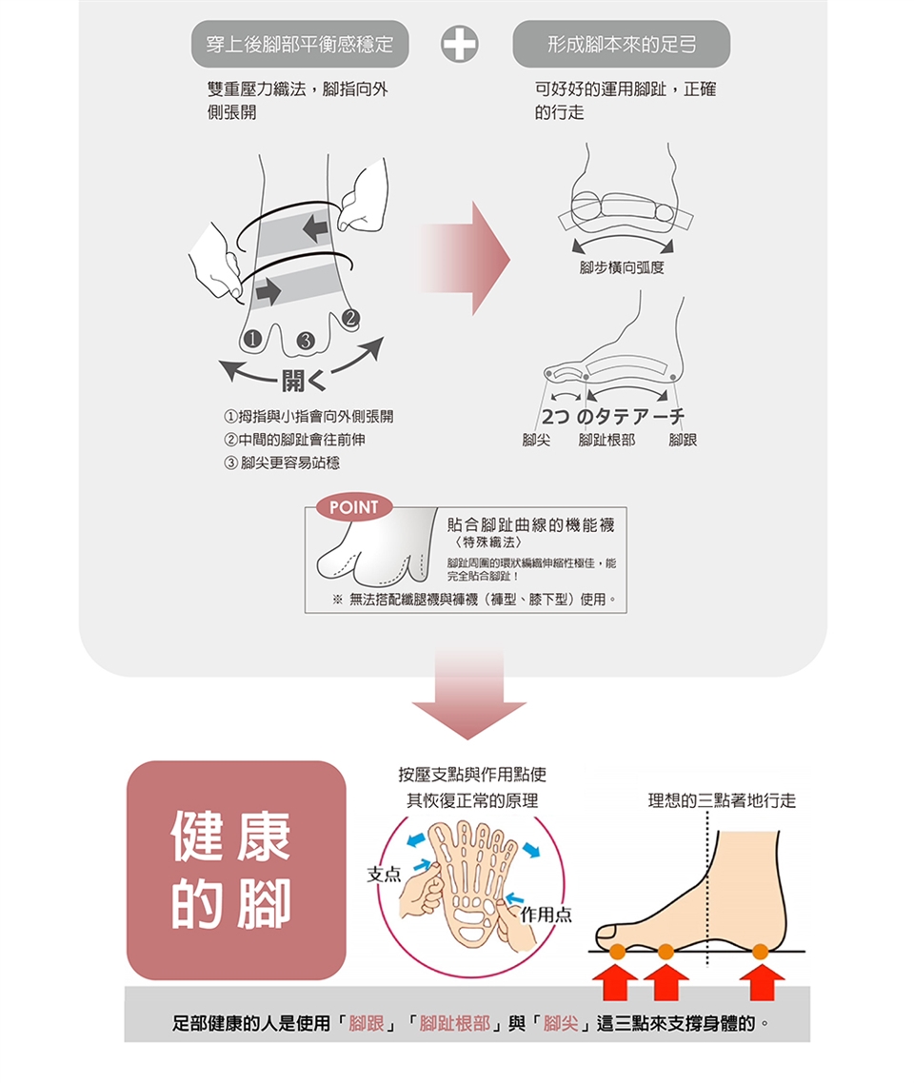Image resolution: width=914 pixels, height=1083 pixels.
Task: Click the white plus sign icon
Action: tap(460, 45)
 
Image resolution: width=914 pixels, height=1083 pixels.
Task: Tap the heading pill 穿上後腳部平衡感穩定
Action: tap(300, 45)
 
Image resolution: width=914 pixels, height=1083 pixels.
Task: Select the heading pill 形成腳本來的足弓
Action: tap(621, 45)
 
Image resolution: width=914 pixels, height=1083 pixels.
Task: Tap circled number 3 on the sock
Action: tap(305, 341)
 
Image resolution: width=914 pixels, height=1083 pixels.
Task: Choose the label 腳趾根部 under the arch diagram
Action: tap(606, 440)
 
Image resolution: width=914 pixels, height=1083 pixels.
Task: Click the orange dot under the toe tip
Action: tap(616, 951)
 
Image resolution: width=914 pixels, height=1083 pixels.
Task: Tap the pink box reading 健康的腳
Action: tap(235, 870)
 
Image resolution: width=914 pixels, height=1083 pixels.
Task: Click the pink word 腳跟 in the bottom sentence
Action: tap(367, 1025)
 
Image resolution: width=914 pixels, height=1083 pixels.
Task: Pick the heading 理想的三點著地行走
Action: tap(721, 801)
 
